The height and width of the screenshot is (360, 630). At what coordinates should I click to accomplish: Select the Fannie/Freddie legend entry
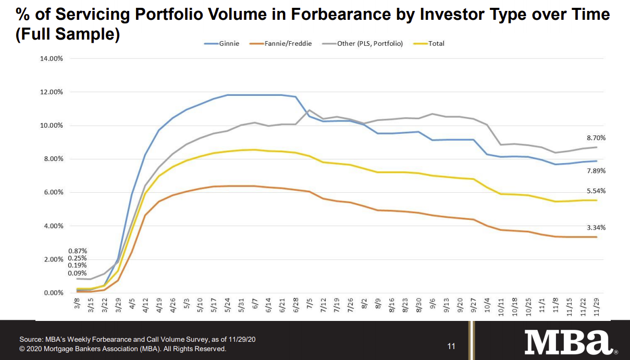287,44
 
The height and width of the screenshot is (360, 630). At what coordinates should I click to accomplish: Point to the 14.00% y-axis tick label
51,58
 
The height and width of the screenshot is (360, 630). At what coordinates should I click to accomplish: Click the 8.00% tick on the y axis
53,159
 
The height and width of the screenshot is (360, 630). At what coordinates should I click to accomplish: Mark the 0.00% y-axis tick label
53,293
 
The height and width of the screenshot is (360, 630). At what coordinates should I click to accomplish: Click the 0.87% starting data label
78,251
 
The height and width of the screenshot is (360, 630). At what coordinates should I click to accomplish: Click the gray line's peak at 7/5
309,110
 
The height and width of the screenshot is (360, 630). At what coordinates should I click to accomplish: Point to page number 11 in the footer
451,346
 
